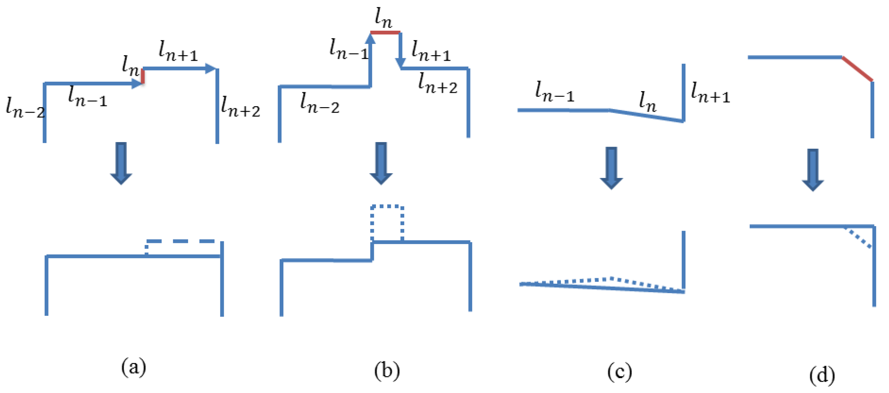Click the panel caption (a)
134,367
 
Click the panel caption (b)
387,371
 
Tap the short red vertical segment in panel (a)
143,76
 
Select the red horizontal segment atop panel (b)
385,32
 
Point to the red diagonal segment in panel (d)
858,69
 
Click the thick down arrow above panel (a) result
121,162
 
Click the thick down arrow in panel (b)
381,163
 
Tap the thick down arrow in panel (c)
611,168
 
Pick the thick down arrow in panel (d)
813,170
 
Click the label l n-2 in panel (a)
25,107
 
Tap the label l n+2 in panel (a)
240,106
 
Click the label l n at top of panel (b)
383,18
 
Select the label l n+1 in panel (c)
710,93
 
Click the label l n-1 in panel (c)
555,92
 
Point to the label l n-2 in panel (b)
320,103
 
